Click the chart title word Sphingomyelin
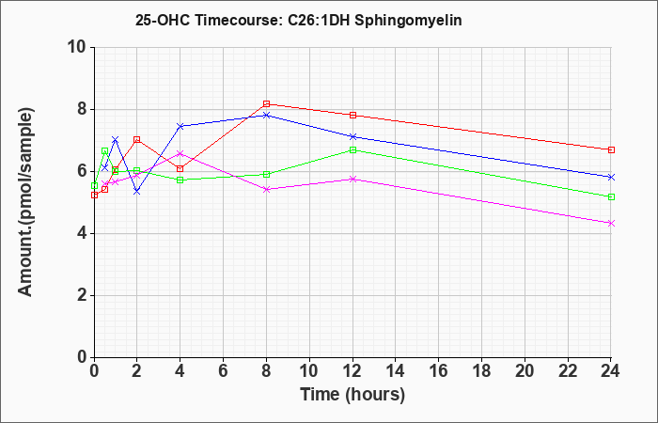click(408, 21)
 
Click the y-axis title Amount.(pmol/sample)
click(26, 202)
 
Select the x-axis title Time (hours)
click(352, 395)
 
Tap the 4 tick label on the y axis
click(84, 234)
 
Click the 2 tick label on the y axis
click(84, 296)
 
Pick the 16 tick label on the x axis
click(439, 371)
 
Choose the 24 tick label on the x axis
click(611, 371)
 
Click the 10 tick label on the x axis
click(309, 371)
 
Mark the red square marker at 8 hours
click(266, 103)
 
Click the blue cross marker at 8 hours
click(266, 115)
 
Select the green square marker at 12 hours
click(352, 149)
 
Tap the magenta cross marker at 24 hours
click(611, 224)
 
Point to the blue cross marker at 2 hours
click(137, 192)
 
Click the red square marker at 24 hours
click(611, 149)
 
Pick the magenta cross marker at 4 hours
click(180, 153)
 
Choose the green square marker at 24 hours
click(611, 196)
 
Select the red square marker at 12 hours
click(352, 115)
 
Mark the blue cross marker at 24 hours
click(611, 177)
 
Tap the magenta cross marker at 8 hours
click(266, 189)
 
